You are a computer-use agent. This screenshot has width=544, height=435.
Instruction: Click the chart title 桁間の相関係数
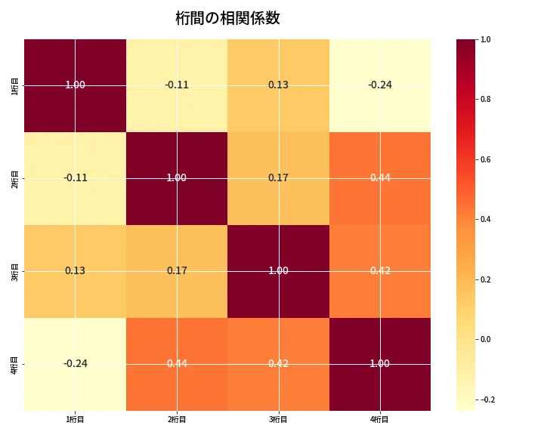pyautogui.click(x=227, y=19)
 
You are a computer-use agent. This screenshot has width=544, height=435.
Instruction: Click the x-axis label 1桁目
pyautogui.click(x=75, y=419)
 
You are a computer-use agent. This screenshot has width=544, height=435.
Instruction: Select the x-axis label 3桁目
pyautogui.click(x=278, y=419)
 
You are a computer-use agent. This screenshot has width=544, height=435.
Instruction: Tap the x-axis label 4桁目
pyautogui.click(x=379, y=419)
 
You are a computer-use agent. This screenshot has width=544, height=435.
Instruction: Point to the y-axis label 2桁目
pyautogui.click(x=15, y=178)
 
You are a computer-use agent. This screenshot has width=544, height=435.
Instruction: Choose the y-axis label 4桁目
pyautogui.click(x=15, y=364)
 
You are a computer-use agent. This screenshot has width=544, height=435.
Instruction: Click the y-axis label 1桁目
pyautogui.click(x=15, y=85)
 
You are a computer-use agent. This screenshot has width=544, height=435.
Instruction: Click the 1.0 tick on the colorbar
pyautogui.click(x=486, y=39)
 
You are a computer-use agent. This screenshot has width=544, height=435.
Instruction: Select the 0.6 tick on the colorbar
pyautogui.click(x=486, y=159)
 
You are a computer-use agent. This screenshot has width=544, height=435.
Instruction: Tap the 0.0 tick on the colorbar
pyautogui.click(x=486, y=339)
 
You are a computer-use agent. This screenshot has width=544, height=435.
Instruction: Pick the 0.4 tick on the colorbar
pyautogui.click(x=486, y=219)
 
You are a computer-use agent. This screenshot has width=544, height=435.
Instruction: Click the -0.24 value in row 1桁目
pyautogui.click(x=379, y=85)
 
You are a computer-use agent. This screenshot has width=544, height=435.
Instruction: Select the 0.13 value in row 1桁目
pyautogui.click(x=278, y=85)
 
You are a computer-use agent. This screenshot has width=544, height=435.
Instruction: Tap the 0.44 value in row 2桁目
pyautogui.click(x=379, y=178)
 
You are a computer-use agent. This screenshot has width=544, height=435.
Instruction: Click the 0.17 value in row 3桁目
pyautogui.click(x=177, y=271)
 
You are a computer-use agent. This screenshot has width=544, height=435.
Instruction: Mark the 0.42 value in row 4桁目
pyautogui.click(x=278, y=364)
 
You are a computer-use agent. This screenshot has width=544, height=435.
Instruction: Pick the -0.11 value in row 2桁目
pyautogui.click(x=75, y=178)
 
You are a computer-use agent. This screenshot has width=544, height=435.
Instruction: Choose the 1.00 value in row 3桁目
pyautogui.click(x=278, y=271)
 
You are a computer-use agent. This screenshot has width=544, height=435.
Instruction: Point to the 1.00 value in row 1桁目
pyautogui.click(x=75, y=85)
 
